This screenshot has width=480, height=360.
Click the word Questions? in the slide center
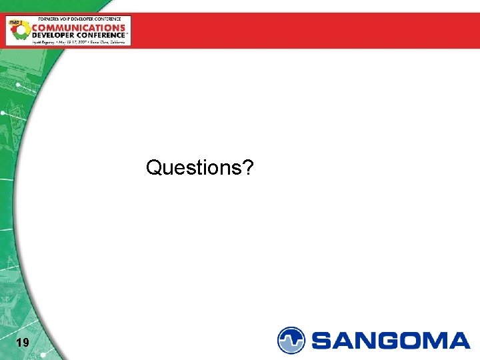199,168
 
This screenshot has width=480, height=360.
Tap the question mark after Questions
247,167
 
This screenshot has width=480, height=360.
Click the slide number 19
22,343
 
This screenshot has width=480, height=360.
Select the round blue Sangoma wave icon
291,340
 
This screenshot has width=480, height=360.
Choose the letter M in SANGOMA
435,341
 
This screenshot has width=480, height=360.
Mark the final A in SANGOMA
459,341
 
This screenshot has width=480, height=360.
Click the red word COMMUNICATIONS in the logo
79,28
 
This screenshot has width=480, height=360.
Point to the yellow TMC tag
14,21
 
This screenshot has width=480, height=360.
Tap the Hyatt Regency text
43,41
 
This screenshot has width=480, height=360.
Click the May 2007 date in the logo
73,41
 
